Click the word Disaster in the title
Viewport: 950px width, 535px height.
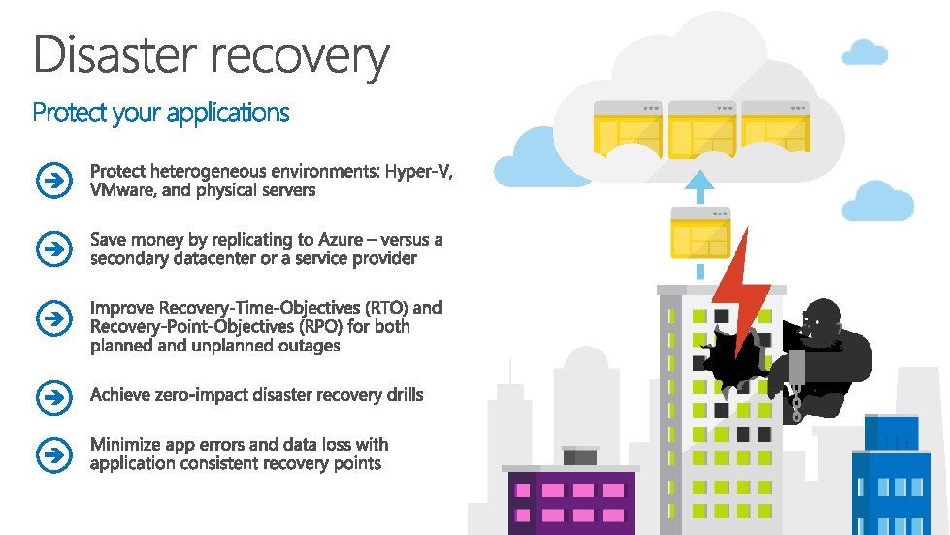click(x=115, y=55)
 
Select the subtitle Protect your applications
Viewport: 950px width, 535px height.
click(x=161, y=114)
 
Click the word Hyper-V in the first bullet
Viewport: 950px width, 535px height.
click(x=418, y=172)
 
